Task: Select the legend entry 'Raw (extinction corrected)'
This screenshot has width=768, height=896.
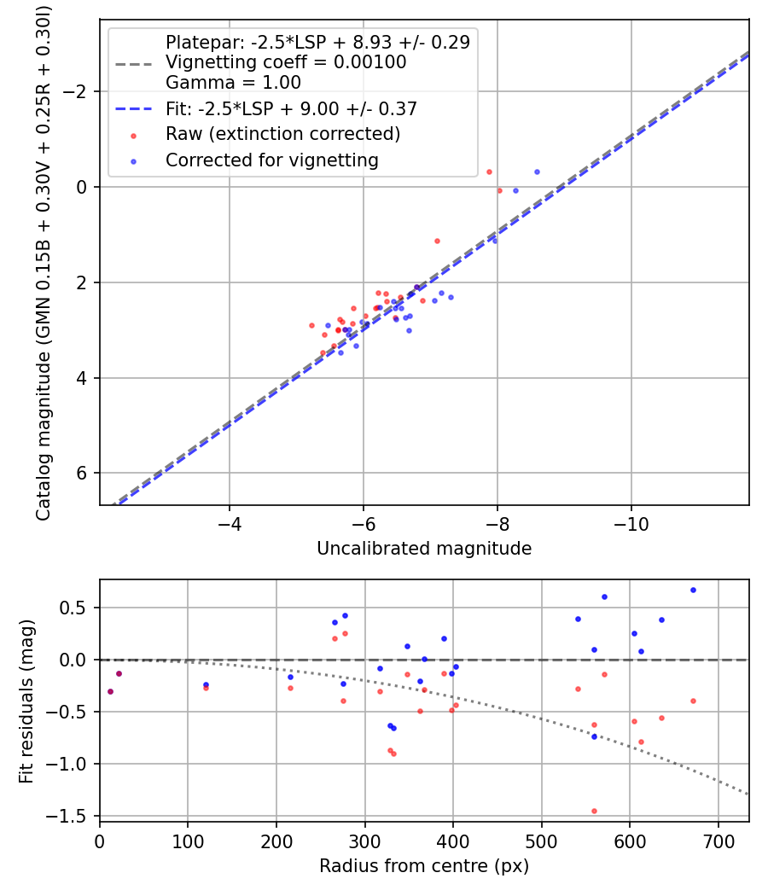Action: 282,134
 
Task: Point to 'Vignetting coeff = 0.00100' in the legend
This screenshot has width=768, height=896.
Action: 286,62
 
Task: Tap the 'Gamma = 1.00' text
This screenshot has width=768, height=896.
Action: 233,83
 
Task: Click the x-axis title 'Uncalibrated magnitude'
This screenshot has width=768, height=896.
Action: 424,549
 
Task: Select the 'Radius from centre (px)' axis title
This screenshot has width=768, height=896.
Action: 424,866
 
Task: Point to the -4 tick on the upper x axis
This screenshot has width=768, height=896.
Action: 230,521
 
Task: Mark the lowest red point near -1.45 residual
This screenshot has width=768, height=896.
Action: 594,811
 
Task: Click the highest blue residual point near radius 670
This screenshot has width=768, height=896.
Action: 693,590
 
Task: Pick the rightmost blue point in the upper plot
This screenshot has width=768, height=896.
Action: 537,172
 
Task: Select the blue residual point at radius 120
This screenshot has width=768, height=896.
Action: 206,684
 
